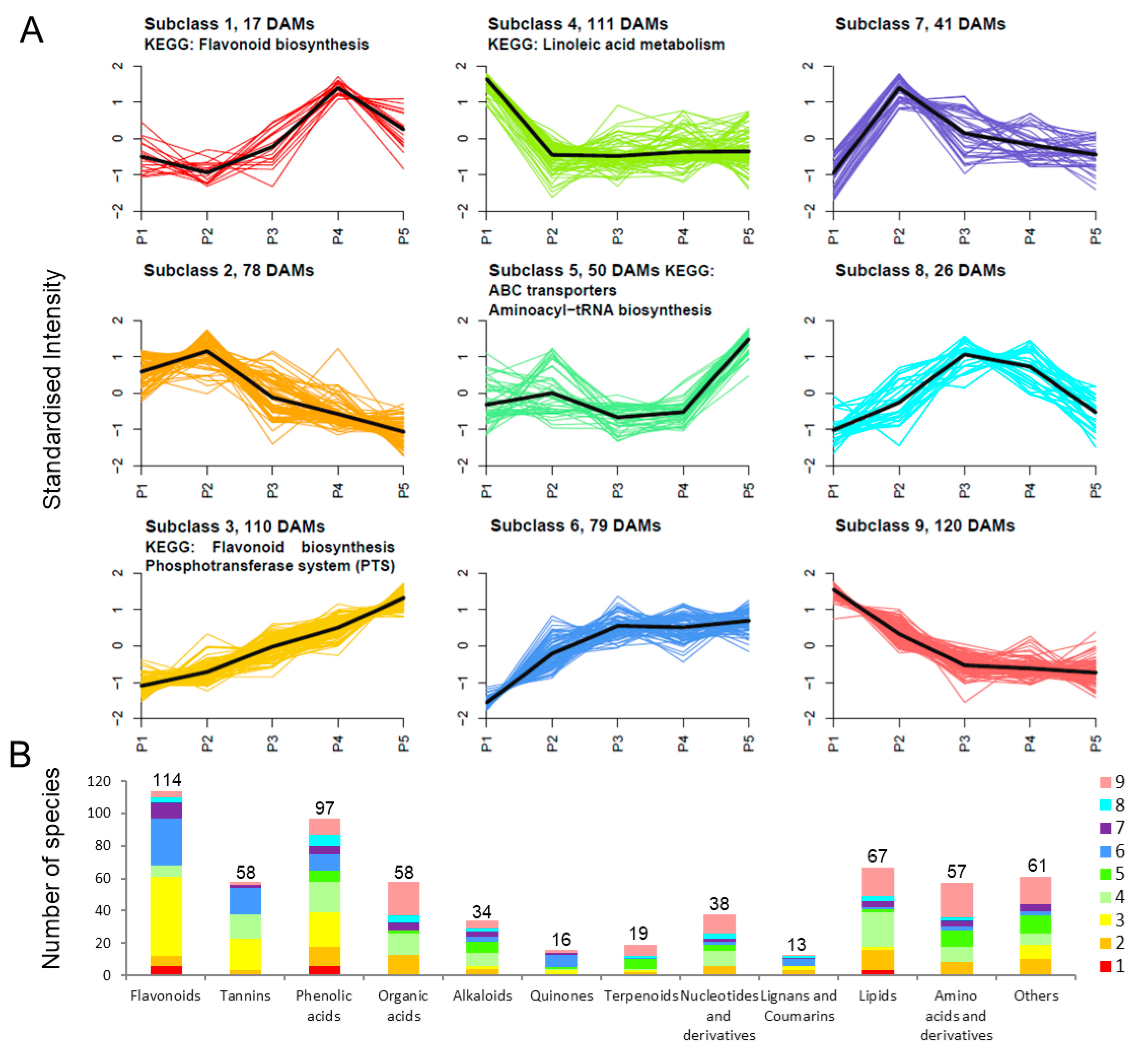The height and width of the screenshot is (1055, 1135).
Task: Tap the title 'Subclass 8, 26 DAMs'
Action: click(x=920, y=270)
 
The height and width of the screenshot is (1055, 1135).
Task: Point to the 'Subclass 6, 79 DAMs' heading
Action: click(x=575, y=526)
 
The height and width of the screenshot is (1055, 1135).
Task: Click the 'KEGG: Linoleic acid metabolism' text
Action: click(x=606, y=45)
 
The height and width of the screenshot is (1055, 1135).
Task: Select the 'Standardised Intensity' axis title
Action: click(x=52, y=389)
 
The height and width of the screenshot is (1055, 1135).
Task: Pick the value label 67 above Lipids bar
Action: click(x=877, y=856)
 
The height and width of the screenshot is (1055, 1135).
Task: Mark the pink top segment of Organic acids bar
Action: click(x=404, y=899)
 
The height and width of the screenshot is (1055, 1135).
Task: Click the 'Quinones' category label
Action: click(x=561, y=996)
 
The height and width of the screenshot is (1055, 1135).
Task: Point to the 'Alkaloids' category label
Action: click(x=482, y=996)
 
